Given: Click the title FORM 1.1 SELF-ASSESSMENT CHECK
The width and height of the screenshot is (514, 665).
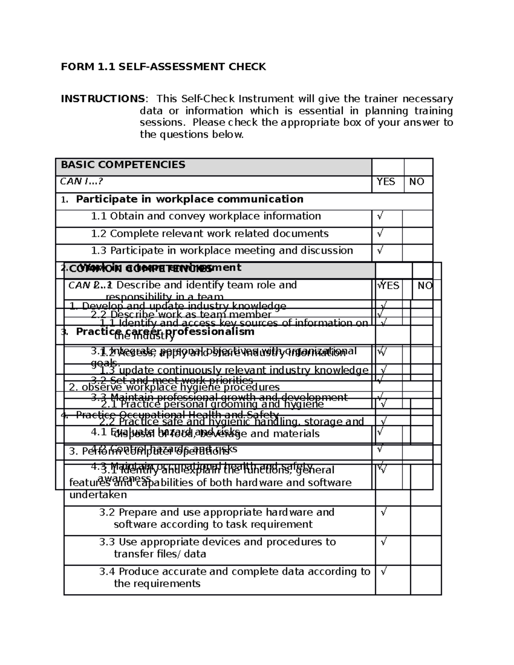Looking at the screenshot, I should [x=163, y=67].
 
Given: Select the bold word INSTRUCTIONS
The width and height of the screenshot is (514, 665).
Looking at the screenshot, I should [x=102, y=99].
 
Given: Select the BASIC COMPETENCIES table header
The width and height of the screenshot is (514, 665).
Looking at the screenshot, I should [x=123, y=165].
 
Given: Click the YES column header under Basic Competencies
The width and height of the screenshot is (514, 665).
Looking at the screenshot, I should [x=385, y=182].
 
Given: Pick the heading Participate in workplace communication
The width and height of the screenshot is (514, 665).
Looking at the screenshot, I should [x=189, y=199].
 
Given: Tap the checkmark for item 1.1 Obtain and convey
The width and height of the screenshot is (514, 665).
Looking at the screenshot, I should [x=380, y=216].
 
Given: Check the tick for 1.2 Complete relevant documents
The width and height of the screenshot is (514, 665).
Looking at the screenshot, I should [x=380, y=233].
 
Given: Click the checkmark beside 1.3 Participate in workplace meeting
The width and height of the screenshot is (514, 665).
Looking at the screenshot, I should [x=380, y=250].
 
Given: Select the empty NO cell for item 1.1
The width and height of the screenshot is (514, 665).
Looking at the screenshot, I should [x=417, y=218].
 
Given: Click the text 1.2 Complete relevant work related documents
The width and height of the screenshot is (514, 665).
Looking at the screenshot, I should [x=210, y=234].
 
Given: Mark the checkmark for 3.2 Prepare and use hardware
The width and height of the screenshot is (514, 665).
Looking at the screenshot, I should [x=384, y=512].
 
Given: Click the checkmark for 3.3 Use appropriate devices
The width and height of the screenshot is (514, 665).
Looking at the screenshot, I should [x=384, y=542].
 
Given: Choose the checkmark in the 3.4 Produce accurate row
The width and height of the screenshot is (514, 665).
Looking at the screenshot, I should [x=384, y=571].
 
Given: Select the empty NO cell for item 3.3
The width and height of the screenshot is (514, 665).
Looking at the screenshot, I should [x=425, y=550].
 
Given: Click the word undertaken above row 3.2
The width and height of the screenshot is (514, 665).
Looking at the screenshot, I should [x=98, y=495].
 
